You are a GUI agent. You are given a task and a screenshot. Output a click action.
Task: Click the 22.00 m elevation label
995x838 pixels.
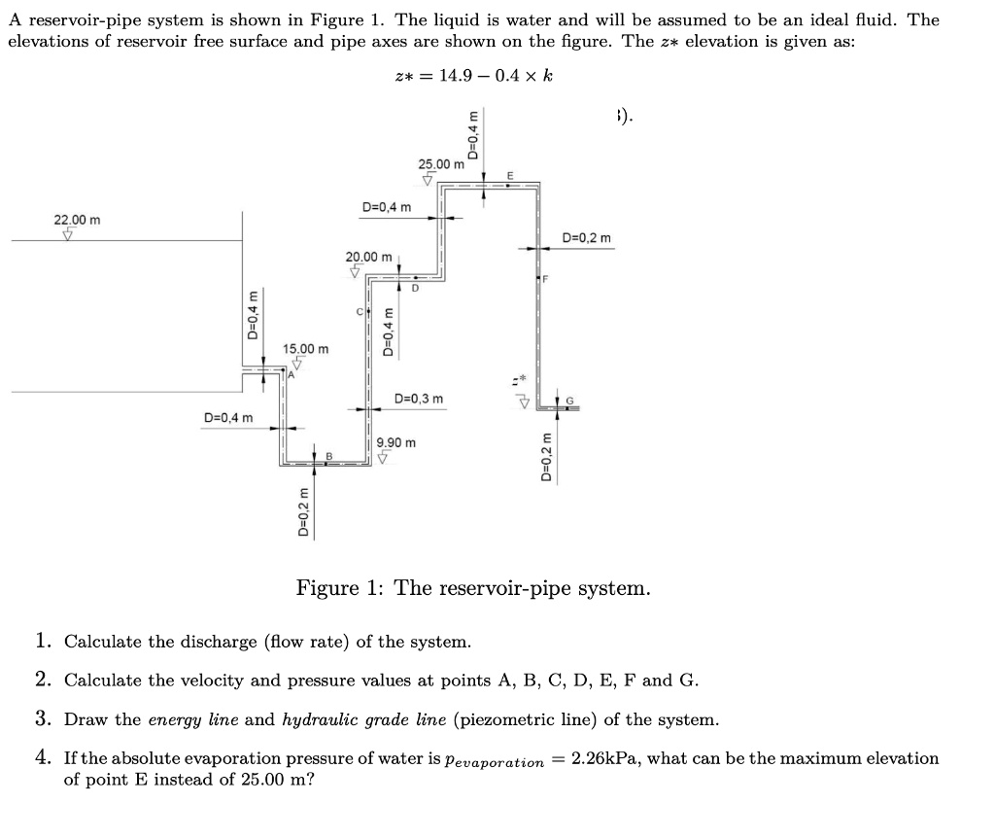77,221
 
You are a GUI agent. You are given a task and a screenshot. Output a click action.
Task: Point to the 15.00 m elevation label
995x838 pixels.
306,348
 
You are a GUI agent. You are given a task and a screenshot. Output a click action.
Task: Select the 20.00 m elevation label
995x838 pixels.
369,257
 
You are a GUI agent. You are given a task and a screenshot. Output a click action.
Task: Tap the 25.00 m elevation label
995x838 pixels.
441,164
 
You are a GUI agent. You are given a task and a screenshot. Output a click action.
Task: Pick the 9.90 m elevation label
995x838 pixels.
396,442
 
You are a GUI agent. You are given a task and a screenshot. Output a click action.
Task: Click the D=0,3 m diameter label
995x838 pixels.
420,399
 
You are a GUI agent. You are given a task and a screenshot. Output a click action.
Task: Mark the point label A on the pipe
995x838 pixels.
290,372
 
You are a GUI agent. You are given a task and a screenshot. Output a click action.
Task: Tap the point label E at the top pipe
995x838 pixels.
509,175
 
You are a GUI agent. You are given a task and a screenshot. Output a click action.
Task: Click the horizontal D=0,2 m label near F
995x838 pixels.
587,238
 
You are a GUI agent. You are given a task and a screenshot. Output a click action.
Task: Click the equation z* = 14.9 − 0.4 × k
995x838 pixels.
474,77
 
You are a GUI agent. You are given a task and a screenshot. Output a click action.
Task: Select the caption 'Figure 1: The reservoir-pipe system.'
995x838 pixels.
473,588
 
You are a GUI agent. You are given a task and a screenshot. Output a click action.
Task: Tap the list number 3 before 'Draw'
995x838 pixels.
43,719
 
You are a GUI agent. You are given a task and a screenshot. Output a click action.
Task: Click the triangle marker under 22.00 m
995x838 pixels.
67,234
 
